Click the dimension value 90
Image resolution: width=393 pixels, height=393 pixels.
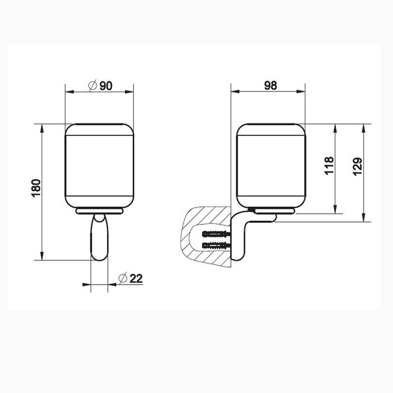click(107, 86)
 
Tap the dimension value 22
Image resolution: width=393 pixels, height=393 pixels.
click(135, 278)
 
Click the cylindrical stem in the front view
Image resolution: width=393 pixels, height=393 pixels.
click(99, 239)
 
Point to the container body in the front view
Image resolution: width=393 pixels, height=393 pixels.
click(99, 166)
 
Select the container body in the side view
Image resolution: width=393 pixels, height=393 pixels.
click(270, 166)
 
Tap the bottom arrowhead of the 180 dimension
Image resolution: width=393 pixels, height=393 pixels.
click(43, 257)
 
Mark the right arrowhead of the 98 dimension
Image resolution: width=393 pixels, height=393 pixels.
click(301, 93)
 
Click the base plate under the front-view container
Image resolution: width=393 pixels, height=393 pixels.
click(99, 211)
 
